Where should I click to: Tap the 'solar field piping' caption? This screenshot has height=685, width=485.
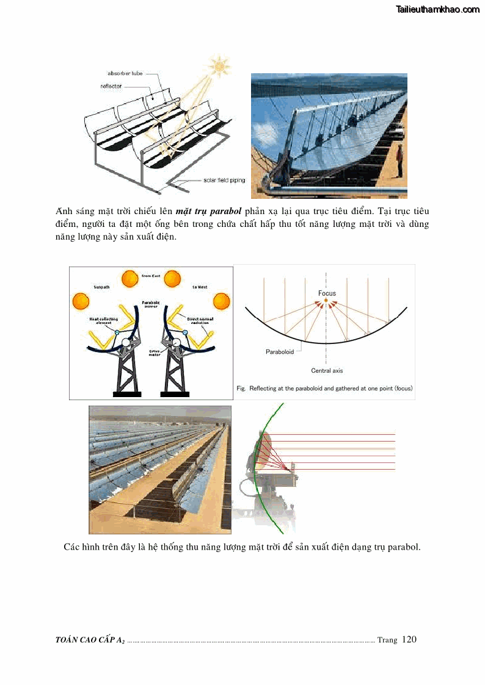coord(224,181)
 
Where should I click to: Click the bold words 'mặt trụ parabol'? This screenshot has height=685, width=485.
coord(208,211)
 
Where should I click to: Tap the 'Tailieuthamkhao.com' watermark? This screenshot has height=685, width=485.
coord(437,9)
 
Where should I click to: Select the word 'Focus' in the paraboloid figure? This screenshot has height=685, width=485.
coord(327,293)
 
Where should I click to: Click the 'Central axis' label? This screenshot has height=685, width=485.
coord(327,370)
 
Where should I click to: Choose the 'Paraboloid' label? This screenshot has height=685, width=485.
coord(280,352)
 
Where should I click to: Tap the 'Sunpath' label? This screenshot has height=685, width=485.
coord(101,286)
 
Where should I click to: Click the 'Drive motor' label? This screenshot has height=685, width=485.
coord(154,353)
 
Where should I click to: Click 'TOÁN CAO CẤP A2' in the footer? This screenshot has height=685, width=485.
coord(90,640)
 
